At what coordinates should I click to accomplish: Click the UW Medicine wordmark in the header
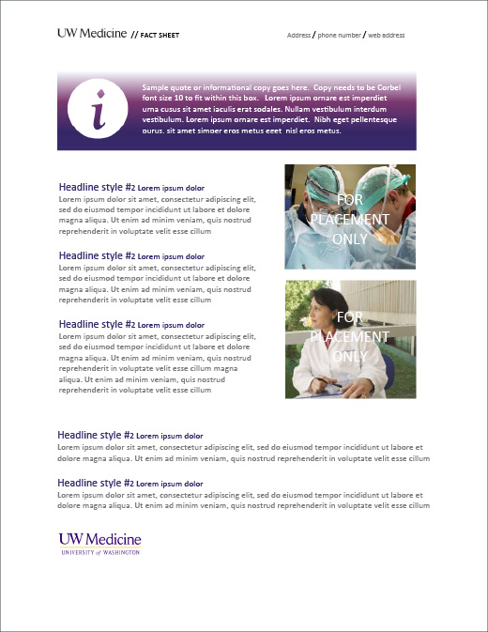click(x=91, y=33)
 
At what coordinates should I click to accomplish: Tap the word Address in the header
click(x=298, y=36)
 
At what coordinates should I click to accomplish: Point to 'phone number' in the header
click(x=339, y=36)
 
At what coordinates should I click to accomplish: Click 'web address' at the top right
click(x=386, y=36)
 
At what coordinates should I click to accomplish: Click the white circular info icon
click(x=99, y=110)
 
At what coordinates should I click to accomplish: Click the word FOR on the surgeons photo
click(x=350, y=200)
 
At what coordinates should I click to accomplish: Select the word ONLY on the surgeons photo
click(x=350, y=239)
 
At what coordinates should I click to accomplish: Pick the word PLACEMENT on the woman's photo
click(x=349, y=336)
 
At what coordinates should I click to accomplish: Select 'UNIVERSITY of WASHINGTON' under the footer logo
click(x=99, y=554)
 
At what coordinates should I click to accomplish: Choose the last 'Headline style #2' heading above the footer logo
click(x=96, y=483)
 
